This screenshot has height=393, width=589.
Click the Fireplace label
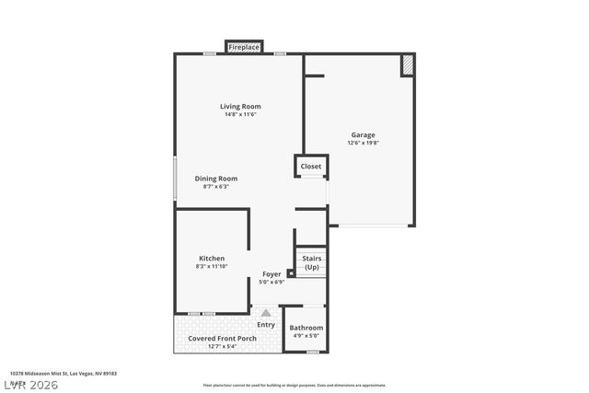[244, 47]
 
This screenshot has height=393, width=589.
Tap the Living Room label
[239, 106]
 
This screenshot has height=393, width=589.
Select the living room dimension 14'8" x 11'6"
[239, 114]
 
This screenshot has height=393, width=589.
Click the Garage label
[362, 134]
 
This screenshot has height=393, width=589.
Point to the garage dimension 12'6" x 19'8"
[362, 143]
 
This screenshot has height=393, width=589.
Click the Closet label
[311, 167]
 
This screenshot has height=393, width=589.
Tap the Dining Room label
[216, 179]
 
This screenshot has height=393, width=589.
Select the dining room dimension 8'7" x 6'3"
[216, 187]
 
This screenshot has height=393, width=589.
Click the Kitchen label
[212, 258]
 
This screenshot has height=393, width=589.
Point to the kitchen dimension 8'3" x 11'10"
[212, 266]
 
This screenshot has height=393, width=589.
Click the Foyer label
[271, 274]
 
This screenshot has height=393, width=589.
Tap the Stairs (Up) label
[312, 262]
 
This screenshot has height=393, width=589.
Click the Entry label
[266, 324]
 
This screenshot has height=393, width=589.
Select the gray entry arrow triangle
[266, 313]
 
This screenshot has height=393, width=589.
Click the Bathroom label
[306, 328]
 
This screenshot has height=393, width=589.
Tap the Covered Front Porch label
[222, 339]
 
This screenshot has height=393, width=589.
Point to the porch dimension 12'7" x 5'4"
[222, 347]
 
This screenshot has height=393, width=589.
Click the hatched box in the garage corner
[407, 64]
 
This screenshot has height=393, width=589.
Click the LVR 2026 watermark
[29, 384]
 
